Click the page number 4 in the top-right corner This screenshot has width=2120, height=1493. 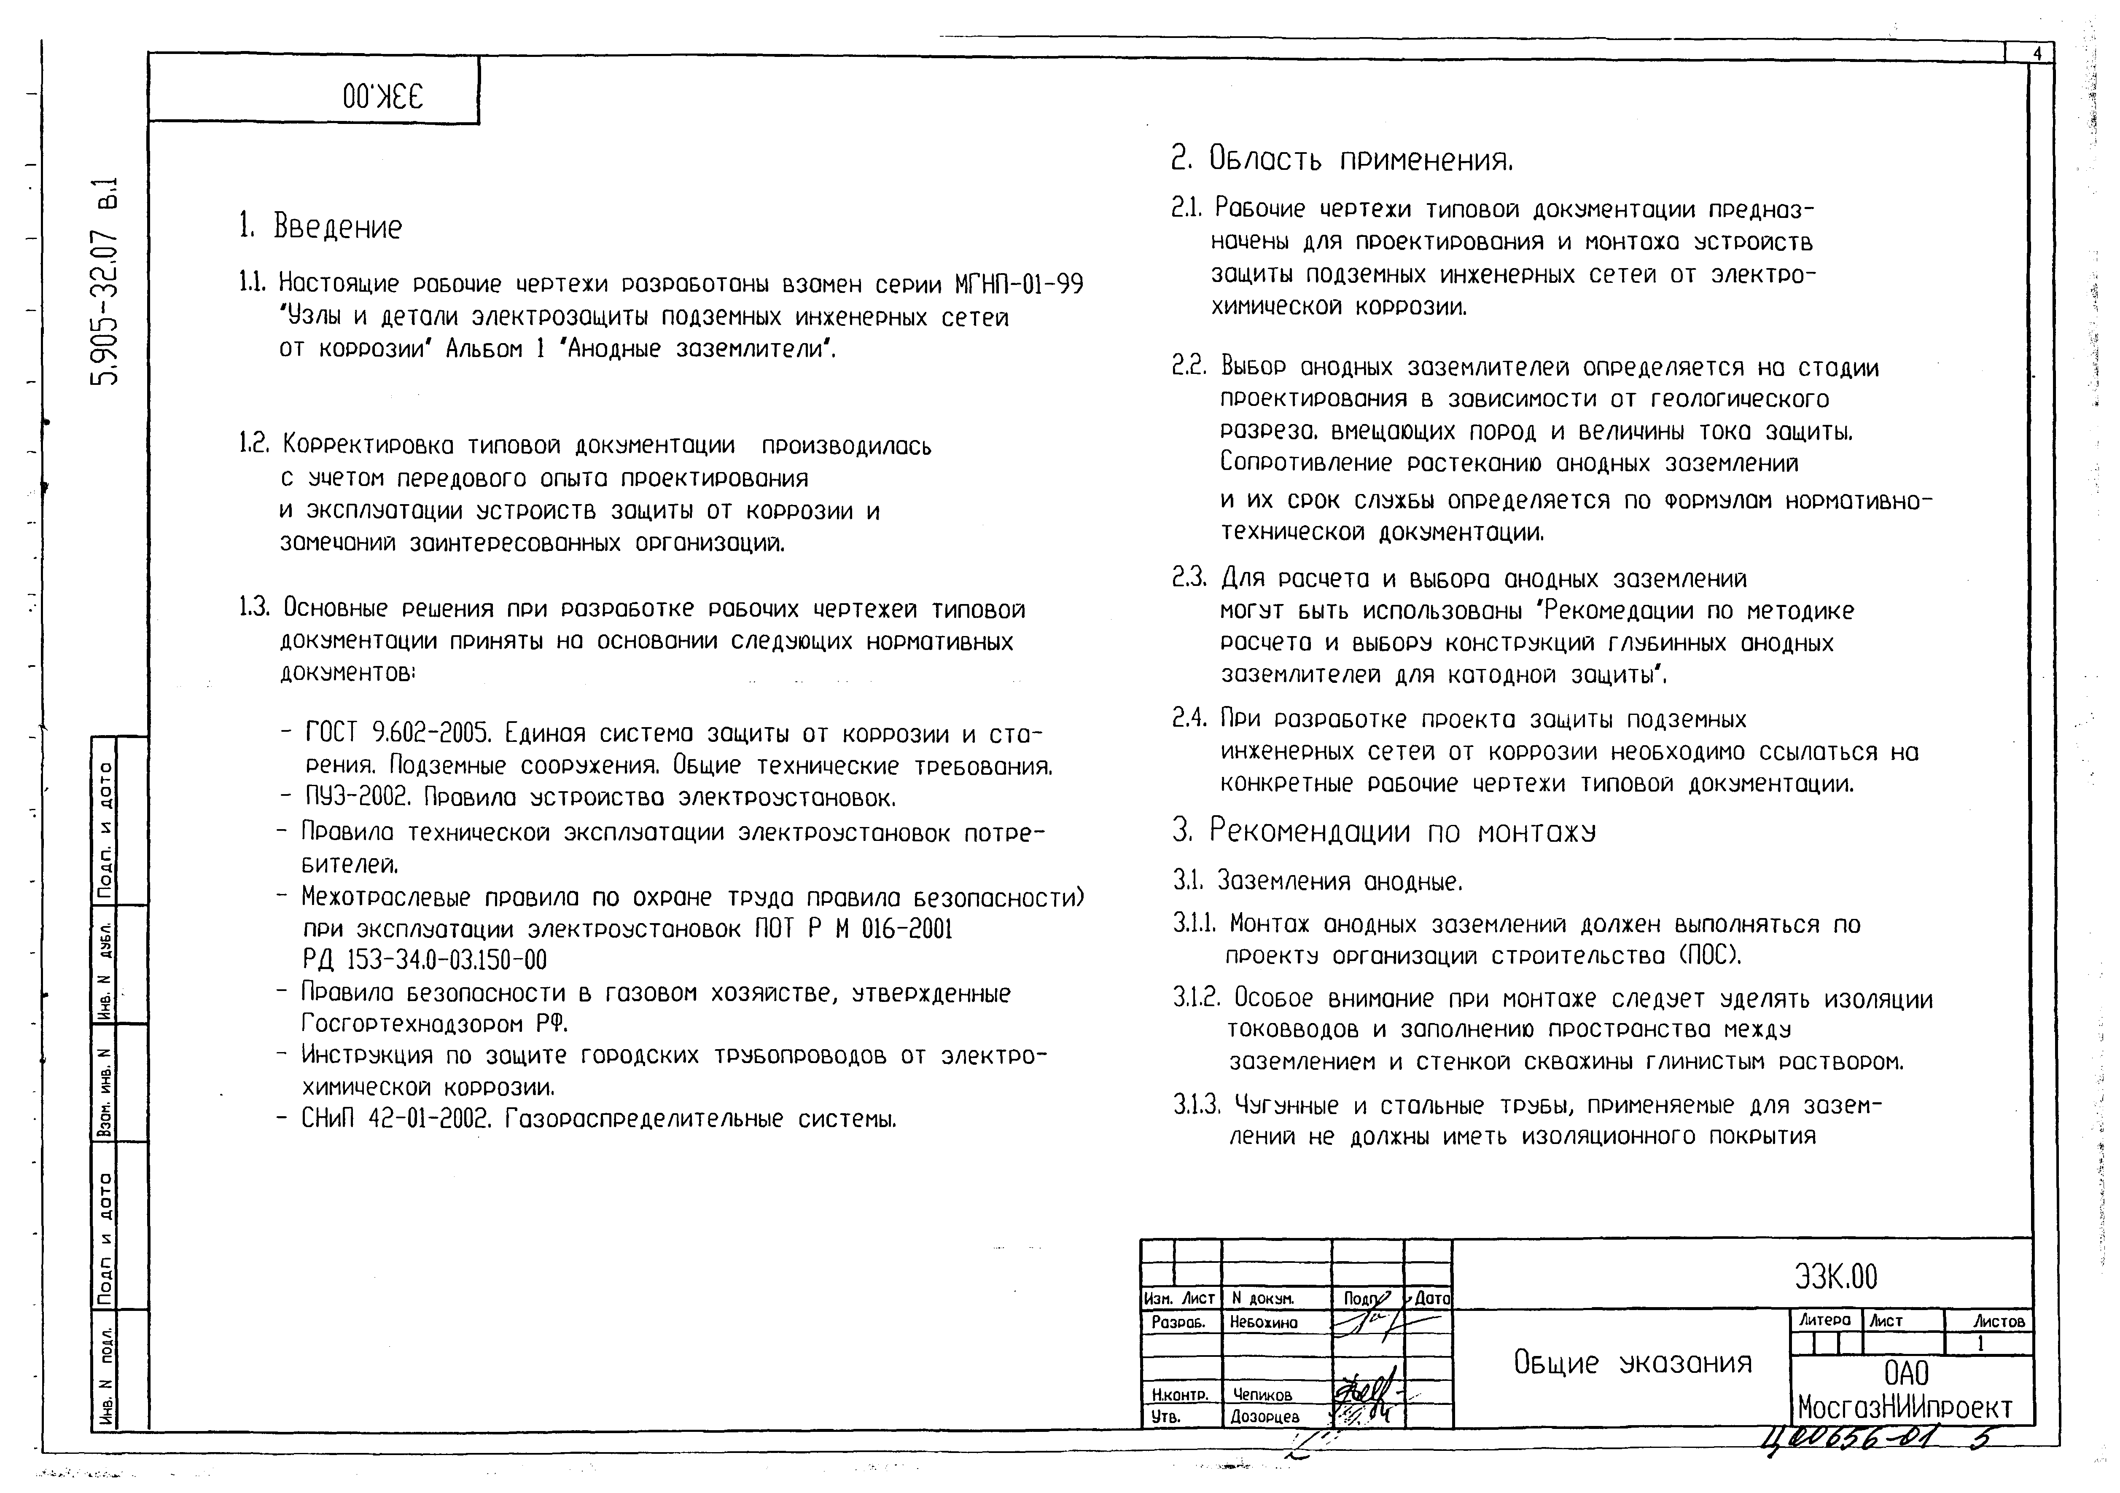tap(2037, 54)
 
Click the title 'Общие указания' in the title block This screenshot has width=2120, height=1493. tap(1633, 1363)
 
